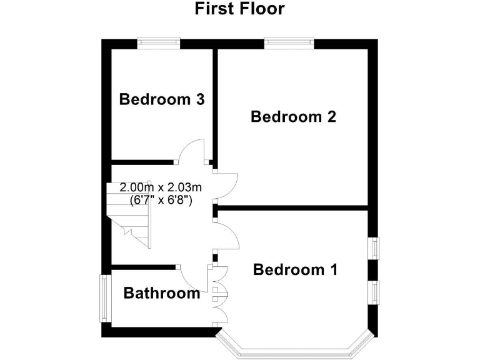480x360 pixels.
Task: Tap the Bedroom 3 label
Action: [162, 99]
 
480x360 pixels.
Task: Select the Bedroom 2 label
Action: [293, 117]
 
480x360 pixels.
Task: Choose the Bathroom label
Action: [162, 293]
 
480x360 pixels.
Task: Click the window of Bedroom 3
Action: [160, 42]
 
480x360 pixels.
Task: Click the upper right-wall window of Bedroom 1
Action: [374, 247]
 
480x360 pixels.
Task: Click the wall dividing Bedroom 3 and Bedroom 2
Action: [214, 103]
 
